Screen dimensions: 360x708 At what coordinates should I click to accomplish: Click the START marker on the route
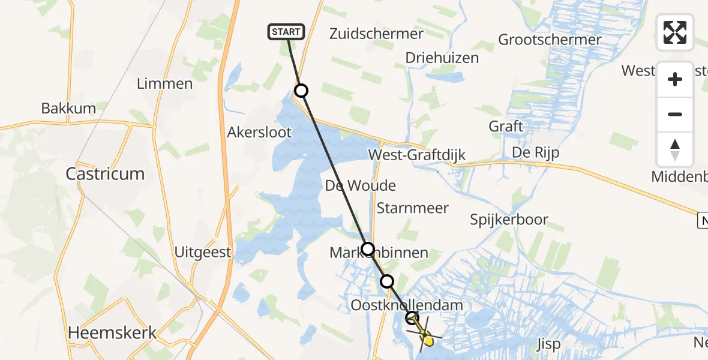(287, 32)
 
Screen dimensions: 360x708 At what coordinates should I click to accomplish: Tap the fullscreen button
(675, 32)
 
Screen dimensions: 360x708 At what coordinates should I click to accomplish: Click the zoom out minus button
(675, 114)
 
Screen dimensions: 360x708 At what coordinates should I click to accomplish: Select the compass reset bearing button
(675, 149)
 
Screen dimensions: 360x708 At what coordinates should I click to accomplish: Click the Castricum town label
(105, 174)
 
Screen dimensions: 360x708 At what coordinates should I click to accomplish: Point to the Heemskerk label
(113, 332)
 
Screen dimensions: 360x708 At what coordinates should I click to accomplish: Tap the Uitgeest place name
(203, 252)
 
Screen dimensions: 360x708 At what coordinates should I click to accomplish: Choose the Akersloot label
(260, 132)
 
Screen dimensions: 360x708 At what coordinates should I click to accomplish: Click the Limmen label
(164, 83)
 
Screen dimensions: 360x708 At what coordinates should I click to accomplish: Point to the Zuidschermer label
(376, 34)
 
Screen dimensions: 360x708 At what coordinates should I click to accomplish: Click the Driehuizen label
(442, 58)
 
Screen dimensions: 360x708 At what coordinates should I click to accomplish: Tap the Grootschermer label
(550, 40)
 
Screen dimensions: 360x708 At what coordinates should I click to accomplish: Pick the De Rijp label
(535, 152)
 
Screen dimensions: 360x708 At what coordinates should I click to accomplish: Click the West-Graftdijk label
(417, 154)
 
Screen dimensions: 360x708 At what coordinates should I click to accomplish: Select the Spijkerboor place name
(509, 220)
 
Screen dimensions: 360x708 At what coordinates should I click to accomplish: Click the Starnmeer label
(413, 208)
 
